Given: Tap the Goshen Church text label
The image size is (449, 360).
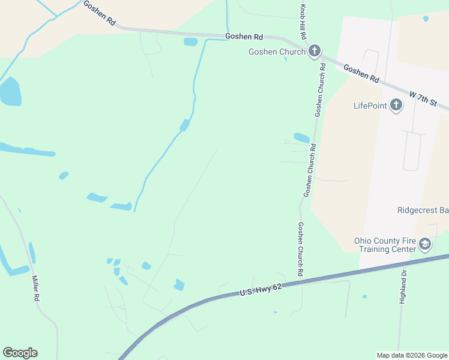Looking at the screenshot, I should (x=277, y=52).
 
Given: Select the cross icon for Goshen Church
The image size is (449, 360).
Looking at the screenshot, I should (x=314, y=52).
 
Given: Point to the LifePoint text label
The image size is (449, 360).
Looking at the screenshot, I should (x=369, y=106).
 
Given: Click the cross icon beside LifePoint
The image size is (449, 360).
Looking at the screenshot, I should (x=396, y=106).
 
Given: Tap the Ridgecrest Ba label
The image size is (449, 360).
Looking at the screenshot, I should (x=423, y=211).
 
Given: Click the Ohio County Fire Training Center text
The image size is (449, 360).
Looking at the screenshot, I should (x=385, y=245).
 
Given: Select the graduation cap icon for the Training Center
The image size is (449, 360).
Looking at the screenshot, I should (x=425, y=244).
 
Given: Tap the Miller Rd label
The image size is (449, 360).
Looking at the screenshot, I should (x=37, y=289).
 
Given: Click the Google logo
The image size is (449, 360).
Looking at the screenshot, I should (x=20, y=353).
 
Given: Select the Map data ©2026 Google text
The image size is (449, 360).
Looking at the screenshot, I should (x=412, y=355).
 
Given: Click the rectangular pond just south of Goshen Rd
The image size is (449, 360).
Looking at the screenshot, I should (x=190, y=42).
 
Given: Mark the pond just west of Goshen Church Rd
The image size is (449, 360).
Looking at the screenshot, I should (x=301, y=138).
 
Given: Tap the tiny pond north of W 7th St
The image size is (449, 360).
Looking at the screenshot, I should (x=426, y=19).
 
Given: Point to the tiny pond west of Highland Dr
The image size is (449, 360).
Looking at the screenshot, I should (x=364, y=296).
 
